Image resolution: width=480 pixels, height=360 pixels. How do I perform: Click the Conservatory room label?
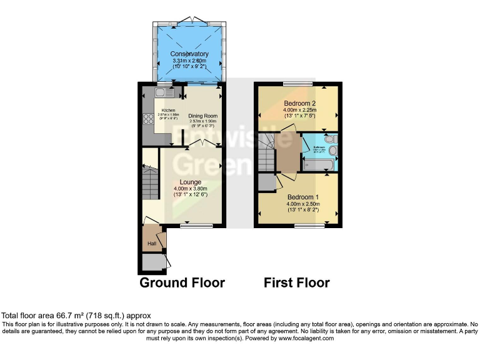(189, 54)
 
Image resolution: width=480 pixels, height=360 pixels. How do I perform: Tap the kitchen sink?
(161, 93)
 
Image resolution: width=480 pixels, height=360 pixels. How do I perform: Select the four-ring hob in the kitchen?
(149, 119)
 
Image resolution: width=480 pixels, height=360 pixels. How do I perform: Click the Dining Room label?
(202, 116)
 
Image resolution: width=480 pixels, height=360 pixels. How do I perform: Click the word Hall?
(152, 243)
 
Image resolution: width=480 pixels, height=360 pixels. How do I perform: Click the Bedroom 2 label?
(299, 103)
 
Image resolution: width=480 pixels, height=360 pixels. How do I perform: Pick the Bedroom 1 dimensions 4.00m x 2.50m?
(303, 204)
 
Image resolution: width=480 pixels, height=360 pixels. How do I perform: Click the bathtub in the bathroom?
(319, 165)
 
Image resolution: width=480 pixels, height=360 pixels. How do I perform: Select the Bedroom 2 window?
(292, 84)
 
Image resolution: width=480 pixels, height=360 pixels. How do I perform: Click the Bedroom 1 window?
(306, 225)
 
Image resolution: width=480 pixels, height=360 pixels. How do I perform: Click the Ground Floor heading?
(182, 283)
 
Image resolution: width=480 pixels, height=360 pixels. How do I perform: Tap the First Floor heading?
(296, 283)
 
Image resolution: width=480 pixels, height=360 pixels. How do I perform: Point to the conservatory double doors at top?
(189, 23)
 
